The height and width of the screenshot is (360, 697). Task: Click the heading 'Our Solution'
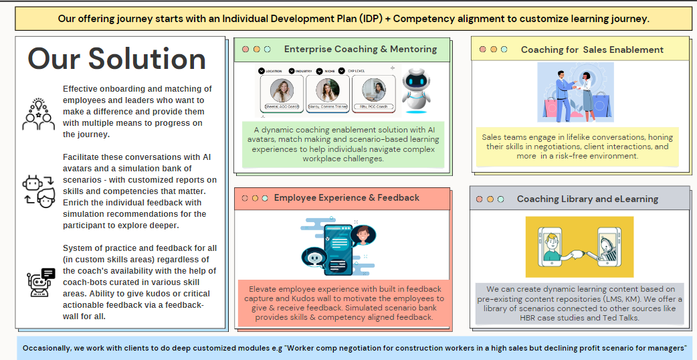pyautogui.click(x=116, y=59)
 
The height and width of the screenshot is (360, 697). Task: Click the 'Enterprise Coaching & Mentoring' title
pyautogui.click(x=361, y=49)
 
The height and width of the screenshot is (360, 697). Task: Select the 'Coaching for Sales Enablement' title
pyautogui.click(x=592, y=50)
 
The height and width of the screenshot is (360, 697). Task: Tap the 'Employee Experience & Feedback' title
pyautogui.click(x=346, y=197)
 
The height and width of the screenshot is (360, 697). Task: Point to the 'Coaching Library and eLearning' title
pyautogui.click(x=587, y=199)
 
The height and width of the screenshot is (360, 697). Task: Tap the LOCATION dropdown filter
pyautogui.click(x=270, y=70)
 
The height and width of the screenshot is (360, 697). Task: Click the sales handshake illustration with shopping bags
pyautogui.click(x=575, y=92)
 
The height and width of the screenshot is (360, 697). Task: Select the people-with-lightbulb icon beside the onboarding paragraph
pyautogui.click(x=39, y=113)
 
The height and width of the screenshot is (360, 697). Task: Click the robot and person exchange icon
pyautogui.click(x=39, y=191)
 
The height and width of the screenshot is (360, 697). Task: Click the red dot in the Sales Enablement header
pyautogui.click(x=482, y=50)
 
